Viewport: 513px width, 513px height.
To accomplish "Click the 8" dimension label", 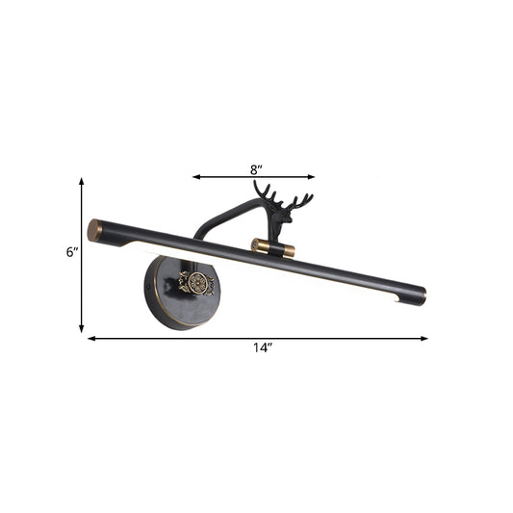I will click(254, 167).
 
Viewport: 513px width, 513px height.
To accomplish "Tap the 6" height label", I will click(71, 252).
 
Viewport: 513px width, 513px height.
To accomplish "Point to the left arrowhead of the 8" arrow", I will click(195, 177).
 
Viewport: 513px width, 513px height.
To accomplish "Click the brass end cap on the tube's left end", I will click(94, 231).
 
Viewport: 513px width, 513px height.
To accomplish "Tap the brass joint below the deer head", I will click(260, 246).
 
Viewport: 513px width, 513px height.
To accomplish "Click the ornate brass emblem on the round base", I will click(196, 284).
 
